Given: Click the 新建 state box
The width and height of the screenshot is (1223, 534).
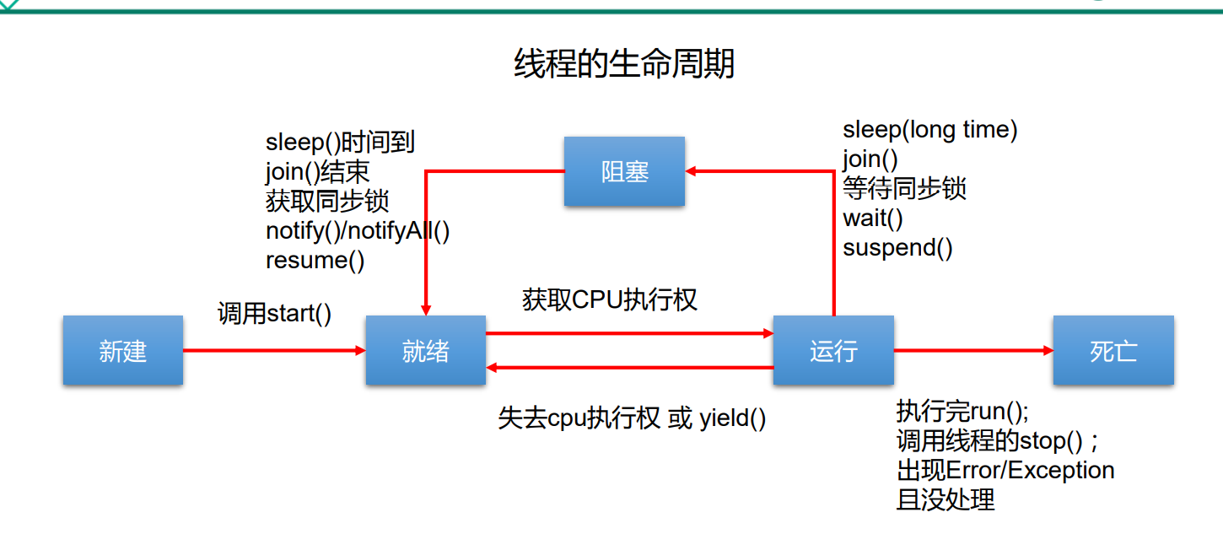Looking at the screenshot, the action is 123,350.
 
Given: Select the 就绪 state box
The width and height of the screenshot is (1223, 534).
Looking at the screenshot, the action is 426,350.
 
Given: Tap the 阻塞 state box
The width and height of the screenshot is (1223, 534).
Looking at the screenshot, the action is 624,171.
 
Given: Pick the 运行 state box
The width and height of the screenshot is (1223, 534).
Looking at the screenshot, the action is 833,350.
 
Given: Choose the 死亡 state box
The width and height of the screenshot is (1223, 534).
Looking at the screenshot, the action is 1113,350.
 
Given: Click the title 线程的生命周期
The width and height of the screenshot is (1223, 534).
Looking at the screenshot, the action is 624,64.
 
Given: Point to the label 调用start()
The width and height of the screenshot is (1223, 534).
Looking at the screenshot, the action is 274,314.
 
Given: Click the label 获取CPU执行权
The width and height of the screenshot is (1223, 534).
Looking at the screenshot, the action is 609,299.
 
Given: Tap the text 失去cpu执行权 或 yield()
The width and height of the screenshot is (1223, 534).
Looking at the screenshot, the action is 632,418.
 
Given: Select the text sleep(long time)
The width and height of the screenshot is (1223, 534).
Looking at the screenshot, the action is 929,130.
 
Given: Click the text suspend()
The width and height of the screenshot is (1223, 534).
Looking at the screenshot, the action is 897,248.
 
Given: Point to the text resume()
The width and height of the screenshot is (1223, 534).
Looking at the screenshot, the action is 315,261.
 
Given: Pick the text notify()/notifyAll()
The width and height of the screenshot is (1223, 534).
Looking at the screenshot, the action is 358,231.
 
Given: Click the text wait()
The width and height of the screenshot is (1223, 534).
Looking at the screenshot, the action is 872,218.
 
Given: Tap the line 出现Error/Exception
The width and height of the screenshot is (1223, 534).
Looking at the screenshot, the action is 1005,470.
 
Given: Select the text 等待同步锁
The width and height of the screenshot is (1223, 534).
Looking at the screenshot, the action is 904,189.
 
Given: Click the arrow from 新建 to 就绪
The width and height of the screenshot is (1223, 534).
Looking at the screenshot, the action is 274,350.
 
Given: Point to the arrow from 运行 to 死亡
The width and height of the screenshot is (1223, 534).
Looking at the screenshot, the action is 973,350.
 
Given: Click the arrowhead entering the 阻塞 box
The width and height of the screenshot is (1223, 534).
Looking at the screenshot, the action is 690,171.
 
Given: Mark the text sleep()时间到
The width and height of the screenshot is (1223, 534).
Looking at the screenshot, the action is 340,143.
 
